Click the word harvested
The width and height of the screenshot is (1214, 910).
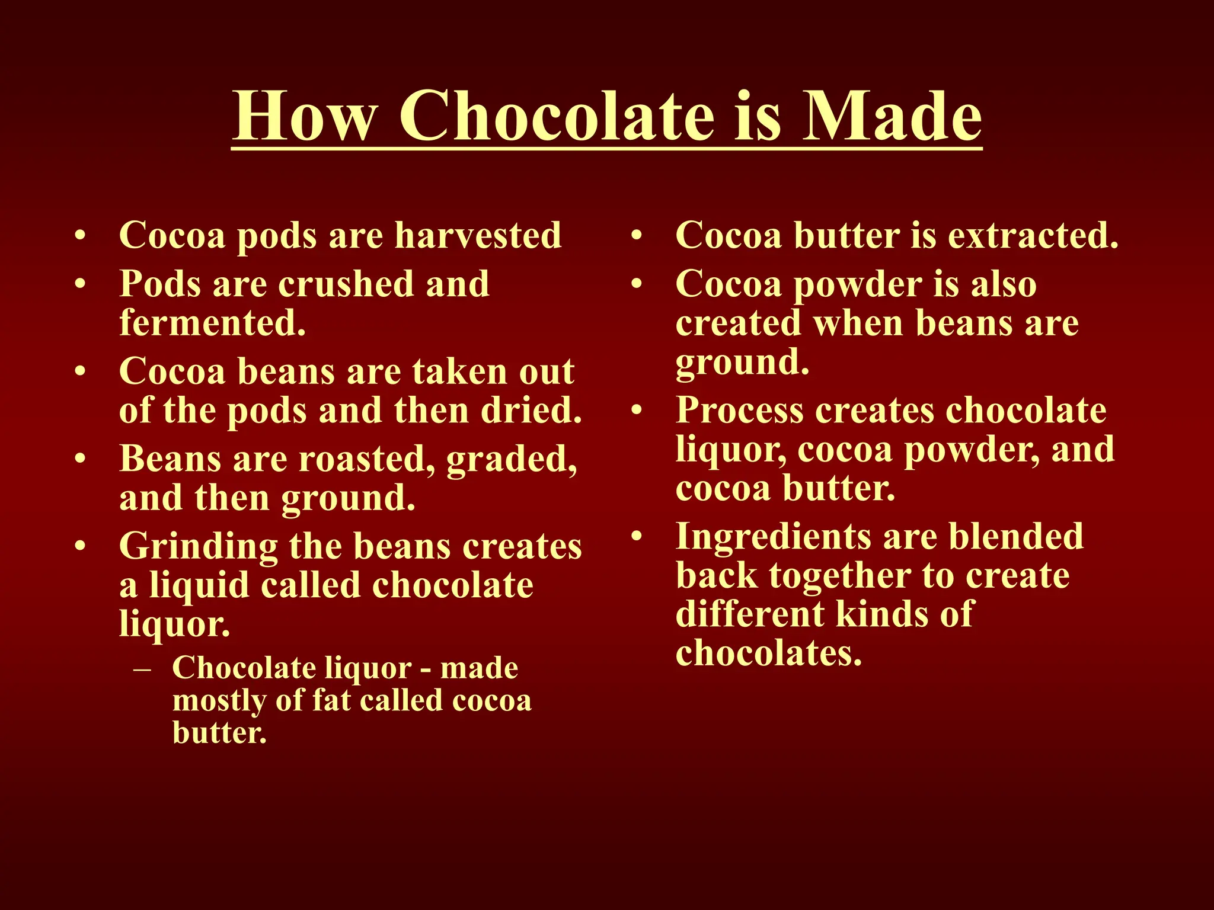coord(478,235)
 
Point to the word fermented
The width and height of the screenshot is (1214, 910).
coord(213,323)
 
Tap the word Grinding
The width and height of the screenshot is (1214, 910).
coord(199,547)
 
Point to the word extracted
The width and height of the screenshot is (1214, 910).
coord(1033,235)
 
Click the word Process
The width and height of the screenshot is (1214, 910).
coord(739,410)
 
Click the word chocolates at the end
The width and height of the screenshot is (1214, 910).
coord(768,653)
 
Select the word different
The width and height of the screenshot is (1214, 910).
coord(749,614)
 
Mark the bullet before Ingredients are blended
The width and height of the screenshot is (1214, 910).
coord(637,537)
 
